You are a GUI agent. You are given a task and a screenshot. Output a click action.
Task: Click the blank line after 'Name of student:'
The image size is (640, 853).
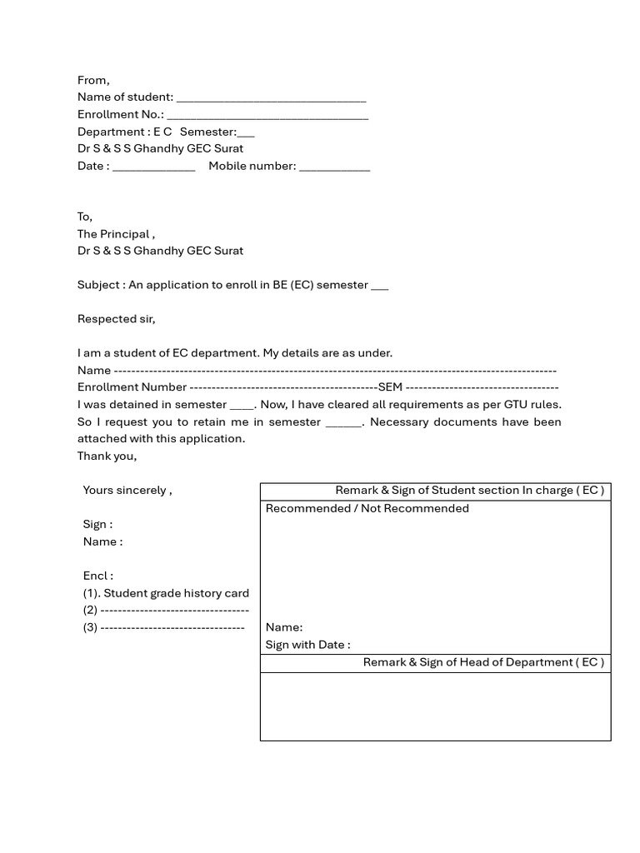(x=271, y=99)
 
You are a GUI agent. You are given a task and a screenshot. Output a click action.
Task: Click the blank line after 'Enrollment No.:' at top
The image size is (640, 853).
(x=267, y=117)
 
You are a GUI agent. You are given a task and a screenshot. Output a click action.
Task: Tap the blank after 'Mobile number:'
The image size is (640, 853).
(x=334, y=167)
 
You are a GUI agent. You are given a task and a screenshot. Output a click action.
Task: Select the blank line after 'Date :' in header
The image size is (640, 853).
(x=153, y=167)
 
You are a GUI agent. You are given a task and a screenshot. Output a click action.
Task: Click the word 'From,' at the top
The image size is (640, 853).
(x=93, y=81)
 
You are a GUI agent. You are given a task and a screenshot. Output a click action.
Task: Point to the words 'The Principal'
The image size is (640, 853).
(x=114, y=234)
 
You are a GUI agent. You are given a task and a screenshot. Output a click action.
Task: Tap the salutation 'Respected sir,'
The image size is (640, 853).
(x=117, y=319)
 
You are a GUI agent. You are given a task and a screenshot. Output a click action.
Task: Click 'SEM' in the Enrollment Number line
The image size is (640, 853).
(x=390, y=387)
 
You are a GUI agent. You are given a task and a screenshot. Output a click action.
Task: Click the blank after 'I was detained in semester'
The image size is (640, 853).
(x=241, y=407)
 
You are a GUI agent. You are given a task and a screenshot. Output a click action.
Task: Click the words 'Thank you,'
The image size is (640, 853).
(x=107, y=456)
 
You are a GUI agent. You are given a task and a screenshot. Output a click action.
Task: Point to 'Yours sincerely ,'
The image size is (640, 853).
(x=127, y=490)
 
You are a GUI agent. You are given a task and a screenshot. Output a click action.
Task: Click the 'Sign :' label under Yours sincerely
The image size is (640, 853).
(x=97, y=525)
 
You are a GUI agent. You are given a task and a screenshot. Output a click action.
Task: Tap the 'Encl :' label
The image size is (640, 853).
(x=98, y=576)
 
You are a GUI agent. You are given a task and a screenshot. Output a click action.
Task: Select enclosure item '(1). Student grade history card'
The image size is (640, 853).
(x=166, y=593)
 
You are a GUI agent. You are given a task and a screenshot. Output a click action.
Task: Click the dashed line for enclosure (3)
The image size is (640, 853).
(x=172, y=627)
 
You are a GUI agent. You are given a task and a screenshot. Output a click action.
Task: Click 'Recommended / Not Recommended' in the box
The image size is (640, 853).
(x=367, y=508)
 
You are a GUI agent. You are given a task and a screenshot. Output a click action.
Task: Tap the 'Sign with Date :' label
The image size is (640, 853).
(x=307, y=645)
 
